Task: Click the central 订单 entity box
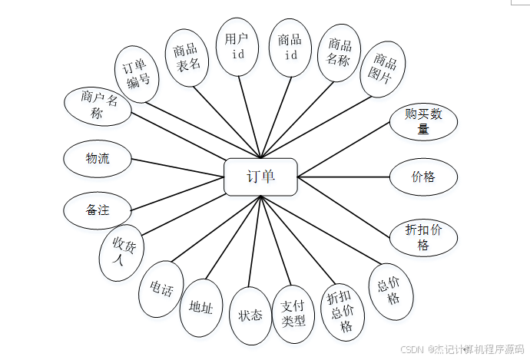[260, 177]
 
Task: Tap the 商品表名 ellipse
[187, 58]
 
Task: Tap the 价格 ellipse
[423, 177]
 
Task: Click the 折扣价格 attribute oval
[423, 237]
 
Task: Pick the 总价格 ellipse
[391, 290]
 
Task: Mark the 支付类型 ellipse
[293, 315]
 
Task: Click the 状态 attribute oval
[250, 315]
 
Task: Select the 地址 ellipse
[201, 306]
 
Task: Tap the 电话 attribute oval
[161, 290]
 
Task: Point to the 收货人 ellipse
[123, 252]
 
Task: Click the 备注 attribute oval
[98, 209]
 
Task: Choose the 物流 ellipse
[97, 159]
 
